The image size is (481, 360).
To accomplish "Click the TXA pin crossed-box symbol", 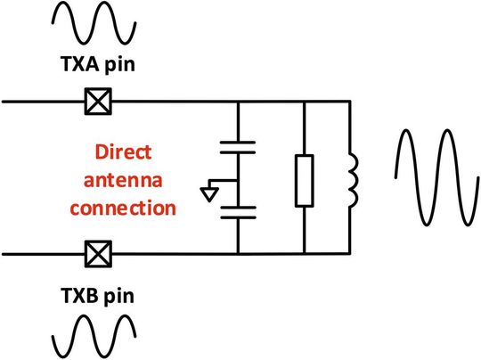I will [92, 101].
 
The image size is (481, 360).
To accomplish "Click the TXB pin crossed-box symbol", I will [92, 254].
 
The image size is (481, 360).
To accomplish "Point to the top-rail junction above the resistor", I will [305, 101].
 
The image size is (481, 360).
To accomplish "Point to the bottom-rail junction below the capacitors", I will [238, 254].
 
